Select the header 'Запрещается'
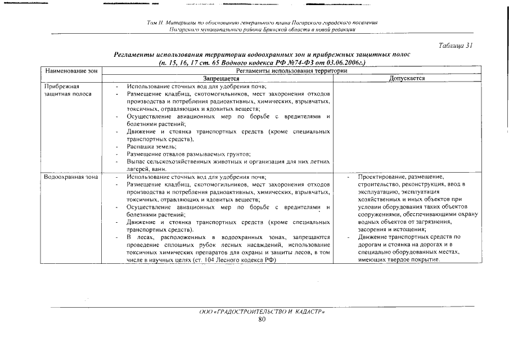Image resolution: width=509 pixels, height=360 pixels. point(221,79)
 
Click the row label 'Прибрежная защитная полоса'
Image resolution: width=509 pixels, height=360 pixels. point(63,90)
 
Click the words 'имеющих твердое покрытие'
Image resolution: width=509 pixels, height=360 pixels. point(398,260)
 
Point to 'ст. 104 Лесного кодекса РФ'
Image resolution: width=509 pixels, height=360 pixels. point(242,260)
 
